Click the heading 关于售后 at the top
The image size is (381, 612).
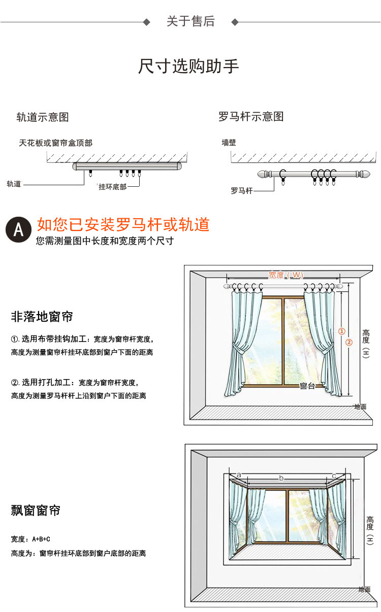tap(190, 21)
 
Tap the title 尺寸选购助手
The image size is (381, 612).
tap(188, 66)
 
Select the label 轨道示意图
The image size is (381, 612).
tap(43, 117)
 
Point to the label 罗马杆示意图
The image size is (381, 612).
tap(251, 117)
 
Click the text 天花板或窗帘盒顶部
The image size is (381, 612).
tap(56, 143)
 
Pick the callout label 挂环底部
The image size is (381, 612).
tap(112, 187)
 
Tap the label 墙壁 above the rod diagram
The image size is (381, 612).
tap(229, 143)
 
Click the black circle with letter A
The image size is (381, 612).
tap(18, 230)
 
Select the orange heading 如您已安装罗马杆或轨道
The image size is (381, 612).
tap(123, 224)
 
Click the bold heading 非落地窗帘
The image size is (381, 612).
tap(42, 317)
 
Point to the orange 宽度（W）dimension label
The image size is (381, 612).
tap(285, 275)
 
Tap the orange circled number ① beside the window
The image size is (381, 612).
tap(342, 331)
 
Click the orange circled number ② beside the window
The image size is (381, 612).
tap(349, 342)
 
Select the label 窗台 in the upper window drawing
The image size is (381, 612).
tap(307, 386)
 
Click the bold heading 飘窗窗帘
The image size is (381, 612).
tap(36, 511)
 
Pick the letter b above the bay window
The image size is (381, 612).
tap(281, 478)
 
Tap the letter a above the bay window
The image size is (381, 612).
tap(239, 475)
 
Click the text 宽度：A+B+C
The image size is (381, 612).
tap(30, 539)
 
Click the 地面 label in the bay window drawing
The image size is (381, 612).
tap(364, 590)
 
